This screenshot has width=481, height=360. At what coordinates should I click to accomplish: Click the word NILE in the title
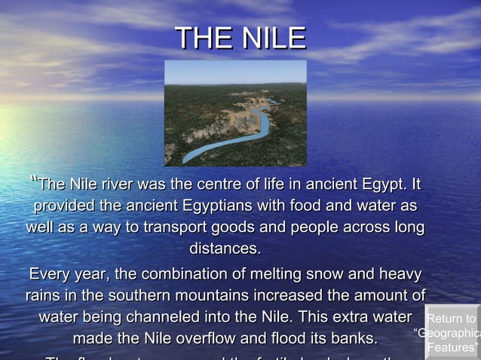[275, 38]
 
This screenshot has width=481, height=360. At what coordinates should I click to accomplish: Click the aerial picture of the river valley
[235, 113]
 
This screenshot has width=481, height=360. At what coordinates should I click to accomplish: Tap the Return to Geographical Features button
[452, 333]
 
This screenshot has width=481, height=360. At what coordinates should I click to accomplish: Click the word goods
[234, 227]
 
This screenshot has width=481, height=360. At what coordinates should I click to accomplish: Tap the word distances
[225, 249]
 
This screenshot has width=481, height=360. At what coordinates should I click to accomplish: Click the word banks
[354, 338]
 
